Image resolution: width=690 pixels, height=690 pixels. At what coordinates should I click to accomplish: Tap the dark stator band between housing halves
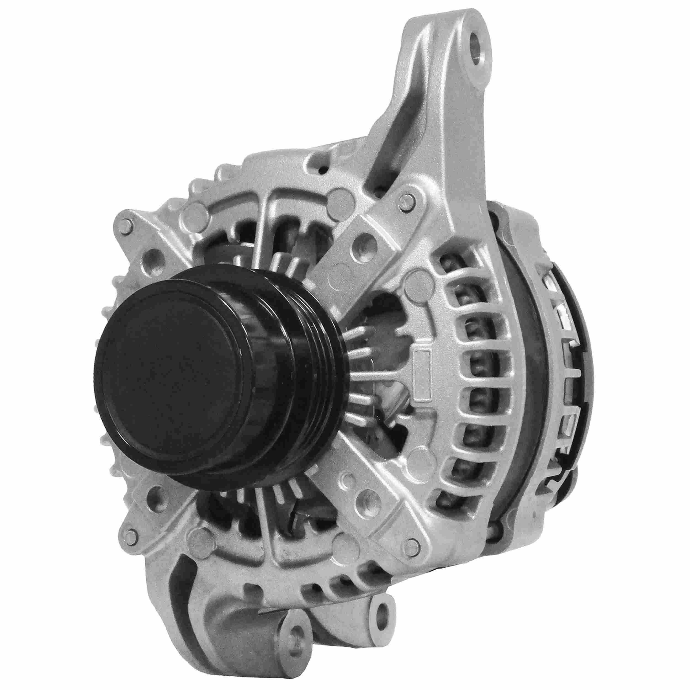click(x=525, y=375)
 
